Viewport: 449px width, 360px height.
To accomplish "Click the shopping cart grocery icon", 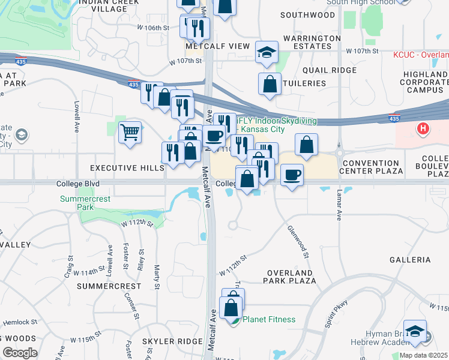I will click(130, 131).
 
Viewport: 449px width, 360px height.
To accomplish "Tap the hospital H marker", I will click(423, 128).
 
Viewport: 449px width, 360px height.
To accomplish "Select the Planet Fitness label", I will click(268, 319).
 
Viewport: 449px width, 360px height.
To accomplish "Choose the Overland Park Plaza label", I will click(291, 276).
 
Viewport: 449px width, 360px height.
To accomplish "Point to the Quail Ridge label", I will click(330, 70).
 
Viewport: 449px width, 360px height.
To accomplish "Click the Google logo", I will click(20, 353).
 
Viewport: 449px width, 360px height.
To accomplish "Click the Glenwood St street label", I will click(298, 242).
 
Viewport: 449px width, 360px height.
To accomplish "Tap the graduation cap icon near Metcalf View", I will click(267, 52).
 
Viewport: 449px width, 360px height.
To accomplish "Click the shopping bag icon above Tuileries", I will click(270, 84).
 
